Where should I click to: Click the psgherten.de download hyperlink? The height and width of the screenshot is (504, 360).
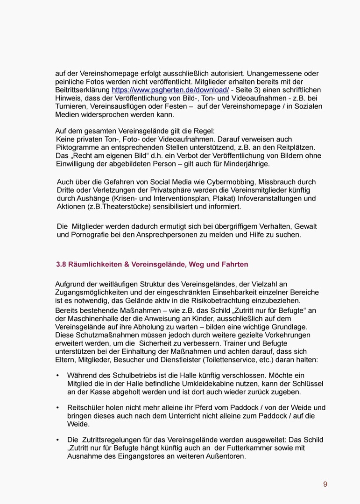click(x=170, y=90)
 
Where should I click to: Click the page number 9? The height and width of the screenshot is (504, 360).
click(x=325, y=484)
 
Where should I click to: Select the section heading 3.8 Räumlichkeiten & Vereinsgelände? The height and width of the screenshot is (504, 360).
click(x=152, y=264)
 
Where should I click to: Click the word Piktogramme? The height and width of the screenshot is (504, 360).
click(x=75, y=147)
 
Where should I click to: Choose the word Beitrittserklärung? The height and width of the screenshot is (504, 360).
click(x=82, y=90)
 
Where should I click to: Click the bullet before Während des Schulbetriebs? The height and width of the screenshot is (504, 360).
click(x=57, y=375)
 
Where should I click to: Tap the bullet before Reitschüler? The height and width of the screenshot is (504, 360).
click(x=57, y=407)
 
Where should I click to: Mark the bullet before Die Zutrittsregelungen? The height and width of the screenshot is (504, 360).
click(x=57, y=440)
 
